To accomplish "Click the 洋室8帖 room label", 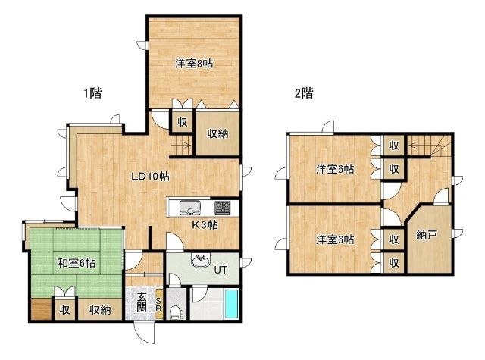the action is click(194, 64).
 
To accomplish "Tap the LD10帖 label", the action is click(150, 177).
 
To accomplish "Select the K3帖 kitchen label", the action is click(205, 225).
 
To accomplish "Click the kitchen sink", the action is click(190, 207).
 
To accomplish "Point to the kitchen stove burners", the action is click(222, 208).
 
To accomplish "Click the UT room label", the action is click(221, 270).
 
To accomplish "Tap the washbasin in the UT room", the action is click(201, 261).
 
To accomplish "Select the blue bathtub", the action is click(231, 304).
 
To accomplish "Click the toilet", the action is click(175, 311).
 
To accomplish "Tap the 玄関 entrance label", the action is click(142, 302).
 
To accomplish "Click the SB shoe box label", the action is click(158, 305).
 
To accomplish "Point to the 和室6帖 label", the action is click(77, 263).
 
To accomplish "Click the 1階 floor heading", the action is click(92, 92).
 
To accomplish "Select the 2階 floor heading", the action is click(304, 92).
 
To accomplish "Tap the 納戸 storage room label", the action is click(427, 235).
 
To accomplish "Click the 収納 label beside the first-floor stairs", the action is click(217, 134).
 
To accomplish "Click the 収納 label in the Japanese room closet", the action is click(100, 309).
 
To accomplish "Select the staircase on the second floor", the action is click(430, 146).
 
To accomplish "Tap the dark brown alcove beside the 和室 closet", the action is click(41, 309).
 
